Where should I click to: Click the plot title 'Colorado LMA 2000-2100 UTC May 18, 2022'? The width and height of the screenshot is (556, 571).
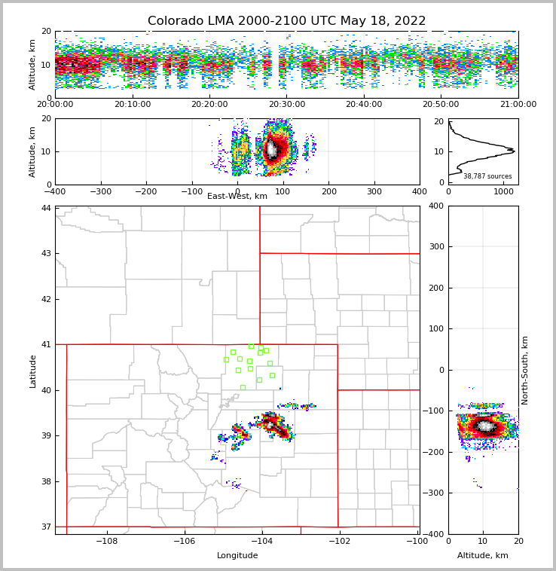(x=286, y=21)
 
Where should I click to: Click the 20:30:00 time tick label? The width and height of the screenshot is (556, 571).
(x=286, y=105)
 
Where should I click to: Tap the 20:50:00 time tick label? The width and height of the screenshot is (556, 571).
(x=441, y=105)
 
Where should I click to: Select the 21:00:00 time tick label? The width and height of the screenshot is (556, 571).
(x=518, y=105)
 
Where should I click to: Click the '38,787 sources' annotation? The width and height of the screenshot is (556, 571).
(x=487, y=176)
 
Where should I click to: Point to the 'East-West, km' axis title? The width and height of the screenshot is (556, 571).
(x=237, y=197)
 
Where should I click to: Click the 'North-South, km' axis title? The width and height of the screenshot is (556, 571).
(x=525, y=370)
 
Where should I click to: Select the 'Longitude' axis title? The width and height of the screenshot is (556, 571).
(x=237, y=556)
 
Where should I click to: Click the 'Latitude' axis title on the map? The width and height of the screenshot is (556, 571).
(x=33, y=371)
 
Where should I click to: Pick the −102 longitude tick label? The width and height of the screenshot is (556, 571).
(x=338, y=542)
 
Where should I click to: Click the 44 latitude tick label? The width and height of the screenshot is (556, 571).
(x=46, y=208)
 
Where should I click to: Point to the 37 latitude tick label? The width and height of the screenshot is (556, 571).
(x=46, y=527)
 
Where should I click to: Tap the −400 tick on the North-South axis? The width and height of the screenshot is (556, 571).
(x=435, y=534)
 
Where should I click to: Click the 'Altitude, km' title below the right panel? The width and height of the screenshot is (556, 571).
(x=483, y=556)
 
